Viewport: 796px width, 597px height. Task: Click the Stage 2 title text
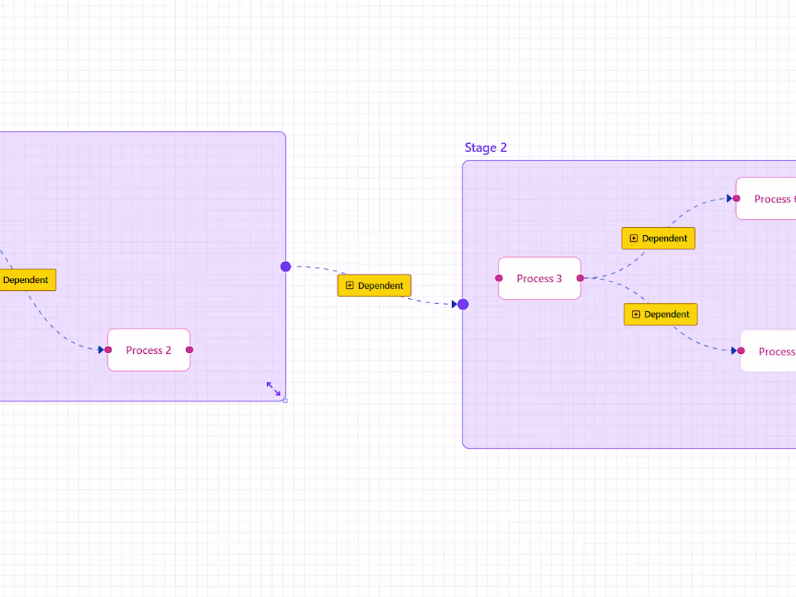pyautogui.click(x=486, y=148)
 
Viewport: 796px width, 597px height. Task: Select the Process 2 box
pyautogui.click(x=148, y=350)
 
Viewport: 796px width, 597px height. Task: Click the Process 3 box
pyautogui.click(x=539, y=279)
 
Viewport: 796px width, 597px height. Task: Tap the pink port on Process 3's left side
pyautogui.click(x=499, y=278)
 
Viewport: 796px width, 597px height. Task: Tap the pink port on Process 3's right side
pyautogui.click(x=580, y=278)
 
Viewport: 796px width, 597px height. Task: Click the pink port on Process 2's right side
pyautogui.click(x=190, y=350)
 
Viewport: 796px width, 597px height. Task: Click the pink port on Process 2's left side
pyautogui.click(x=109, y=350)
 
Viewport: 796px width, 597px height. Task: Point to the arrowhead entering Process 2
pyautogui.click(x=101, y=350)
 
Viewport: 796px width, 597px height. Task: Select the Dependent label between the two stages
pyautogui.click(x=374, y=286)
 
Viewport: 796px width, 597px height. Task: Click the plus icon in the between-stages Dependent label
pyautogui.click(x=350, y=286)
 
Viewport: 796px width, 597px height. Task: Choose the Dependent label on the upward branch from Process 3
pyautogui.click(x=659, y=238)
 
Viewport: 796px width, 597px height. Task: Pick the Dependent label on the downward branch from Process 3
pyautogui.click(x=661, y=314)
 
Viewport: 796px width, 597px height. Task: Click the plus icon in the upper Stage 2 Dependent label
pyautogui.click(x=634, y=238)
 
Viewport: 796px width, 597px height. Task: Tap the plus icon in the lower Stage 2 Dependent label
pyautogui.click(x=636, y=314)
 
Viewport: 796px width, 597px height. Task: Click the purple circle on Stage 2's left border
pyautogui.click(x=463, y=304)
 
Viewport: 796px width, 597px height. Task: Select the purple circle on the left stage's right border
pyautogui.click(x=286, y=266)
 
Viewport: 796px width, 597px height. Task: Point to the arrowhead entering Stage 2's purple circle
pyautogui.click(x=455, y=304)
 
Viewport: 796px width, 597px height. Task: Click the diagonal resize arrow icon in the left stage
pyautogui.click(x=274, y=389)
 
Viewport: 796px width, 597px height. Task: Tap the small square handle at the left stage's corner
pyautogui.click(x=285, y=400)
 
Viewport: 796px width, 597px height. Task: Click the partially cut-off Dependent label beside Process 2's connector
pyautogui.click(x=26, y=280)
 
